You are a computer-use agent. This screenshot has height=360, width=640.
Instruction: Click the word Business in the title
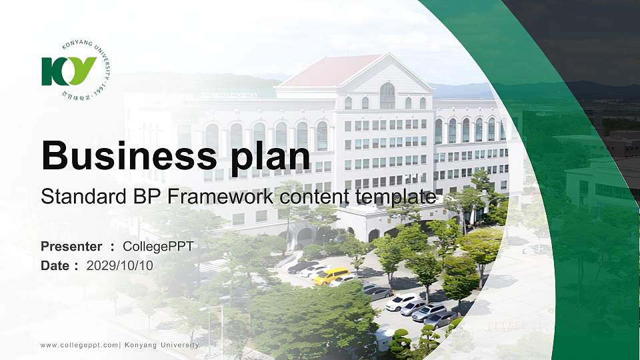click(127, 156)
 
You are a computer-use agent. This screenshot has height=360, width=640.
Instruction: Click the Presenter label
click(71, 247)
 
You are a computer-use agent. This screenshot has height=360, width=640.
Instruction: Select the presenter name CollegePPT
click(158, 247)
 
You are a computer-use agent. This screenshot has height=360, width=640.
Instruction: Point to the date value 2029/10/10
click(120, 265)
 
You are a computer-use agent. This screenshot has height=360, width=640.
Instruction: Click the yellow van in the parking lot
click(331, 275)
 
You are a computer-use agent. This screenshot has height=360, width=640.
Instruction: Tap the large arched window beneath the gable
click(387, 96)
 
